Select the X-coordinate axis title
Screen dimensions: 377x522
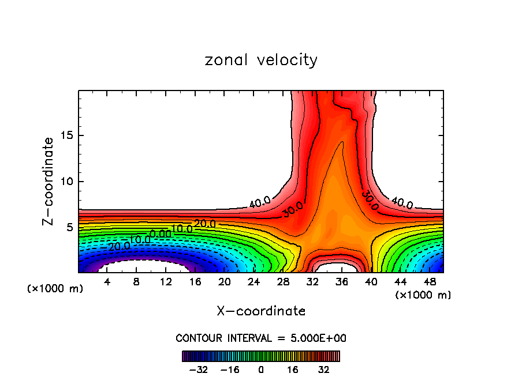(261, 311)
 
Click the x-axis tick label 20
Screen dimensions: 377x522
(224, 282)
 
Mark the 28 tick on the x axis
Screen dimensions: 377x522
(283, 282)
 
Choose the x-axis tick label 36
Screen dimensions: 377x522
(341, 282)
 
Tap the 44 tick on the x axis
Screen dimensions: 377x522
(400, 282)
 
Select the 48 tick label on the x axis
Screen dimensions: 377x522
(429, 282)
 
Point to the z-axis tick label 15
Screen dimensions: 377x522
(65, 135)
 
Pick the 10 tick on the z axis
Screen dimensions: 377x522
(65, 182)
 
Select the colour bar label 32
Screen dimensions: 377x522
(323, 369)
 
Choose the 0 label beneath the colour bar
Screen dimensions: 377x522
(261, 369)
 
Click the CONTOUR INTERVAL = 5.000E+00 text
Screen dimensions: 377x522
(261, 338)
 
